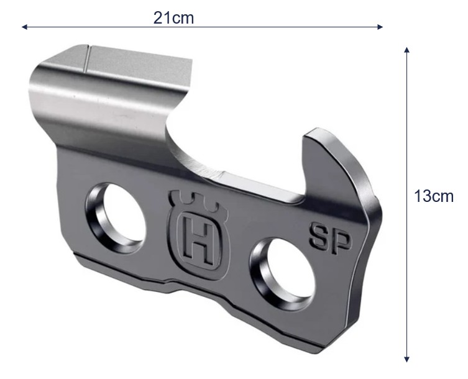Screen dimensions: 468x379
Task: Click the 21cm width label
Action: click(173, 18)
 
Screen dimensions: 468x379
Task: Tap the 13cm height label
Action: click(434, 196)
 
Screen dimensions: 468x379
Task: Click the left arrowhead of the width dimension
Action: click(24, 27)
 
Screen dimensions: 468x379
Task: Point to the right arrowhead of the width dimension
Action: click(380, 27)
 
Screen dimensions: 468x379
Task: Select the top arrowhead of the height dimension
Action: click(406, 50)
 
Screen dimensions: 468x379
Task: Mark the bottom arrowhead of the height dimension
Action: click(406, 359)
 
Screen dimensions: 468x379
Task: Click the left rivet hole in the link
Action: click(116, 217)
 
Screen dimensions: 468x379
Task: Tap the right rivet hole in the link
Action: click(282, 273)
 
